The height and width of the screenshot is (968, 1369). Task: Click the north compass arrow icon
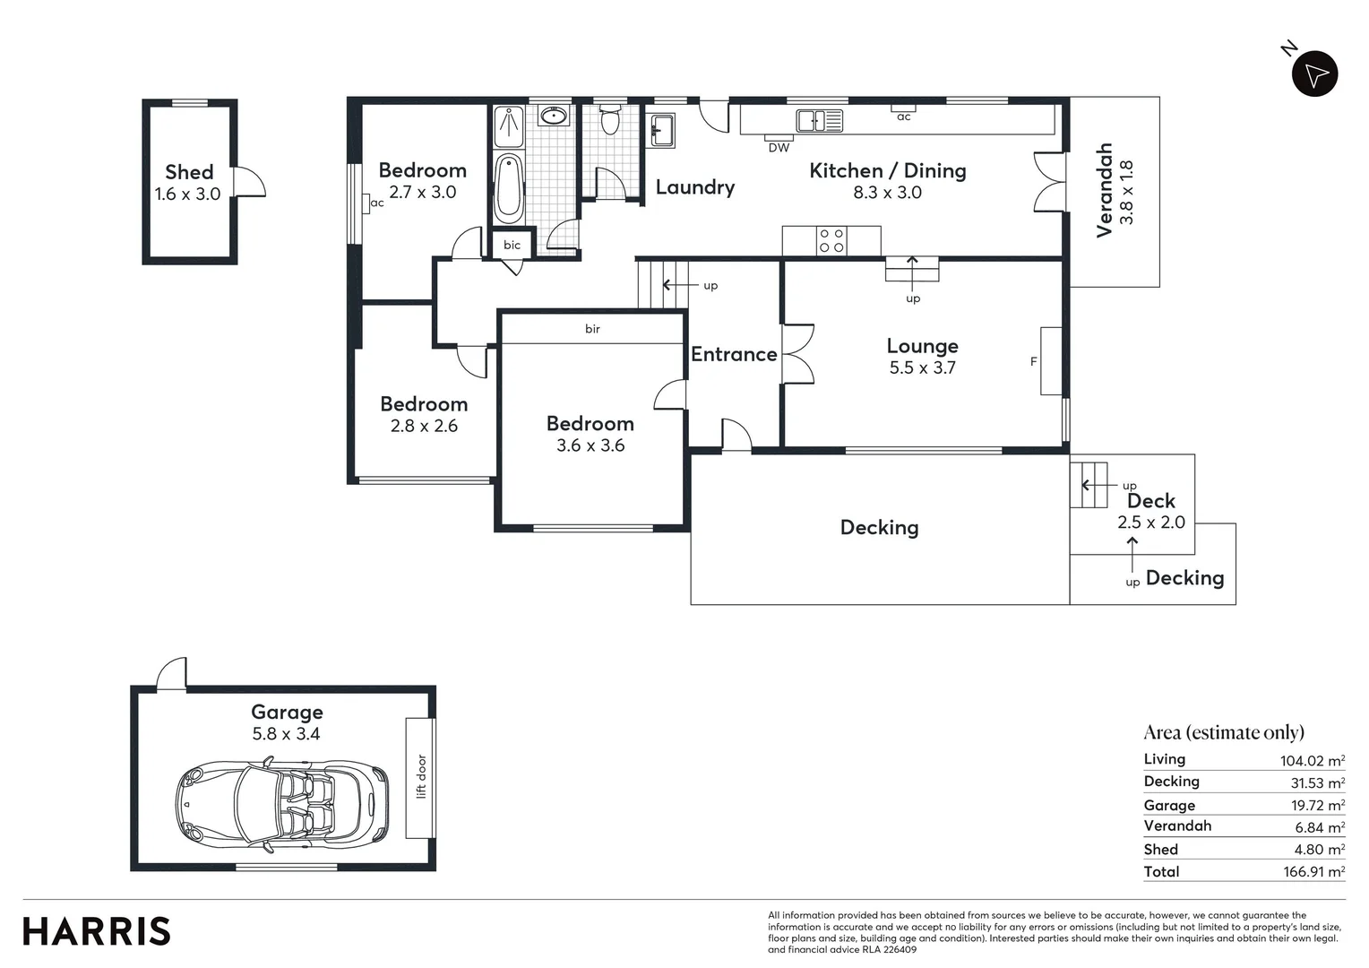point(1314,74)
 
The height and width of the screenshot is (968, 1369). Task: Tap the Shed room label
point(189,172)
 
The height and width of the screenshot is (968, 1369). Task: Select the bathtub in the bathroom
point(508,188)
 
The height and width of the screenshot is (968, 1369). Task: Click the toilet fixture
point(610,119)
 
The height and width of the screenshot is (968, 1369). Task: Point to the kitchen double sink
point(820,120)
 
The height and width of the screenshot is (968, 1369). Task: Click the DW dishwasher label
point(779,148)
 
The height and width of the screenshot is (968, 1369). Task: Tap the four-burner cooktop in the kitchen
point(831,240)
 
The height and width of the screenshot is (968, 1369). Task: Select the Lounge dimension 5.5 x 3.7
point(922,367)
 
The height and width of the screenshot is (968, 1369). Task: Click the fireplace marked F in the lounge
point(1050,361)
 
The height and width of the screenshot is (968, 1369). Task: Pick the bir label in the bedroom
point(592,329)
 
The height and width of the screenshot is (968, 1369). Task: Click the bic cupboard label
point(512,245)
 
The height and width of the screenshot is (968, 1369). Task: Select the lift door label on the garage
point(420,776)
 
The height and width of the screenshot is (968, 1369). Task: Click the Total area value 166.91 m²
point(1313,871)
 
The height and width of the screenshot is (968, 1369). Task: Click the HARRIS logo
point(97,931)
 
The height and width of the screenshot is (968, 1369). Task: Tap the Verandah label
point(1104,190)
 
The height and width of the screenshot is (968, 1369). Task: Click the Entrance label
point(734,354)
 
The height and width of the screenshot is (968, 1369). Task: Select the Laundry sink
point(662,129)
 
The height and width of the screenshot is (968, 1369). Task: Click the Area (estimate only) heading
point(1224,732)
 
